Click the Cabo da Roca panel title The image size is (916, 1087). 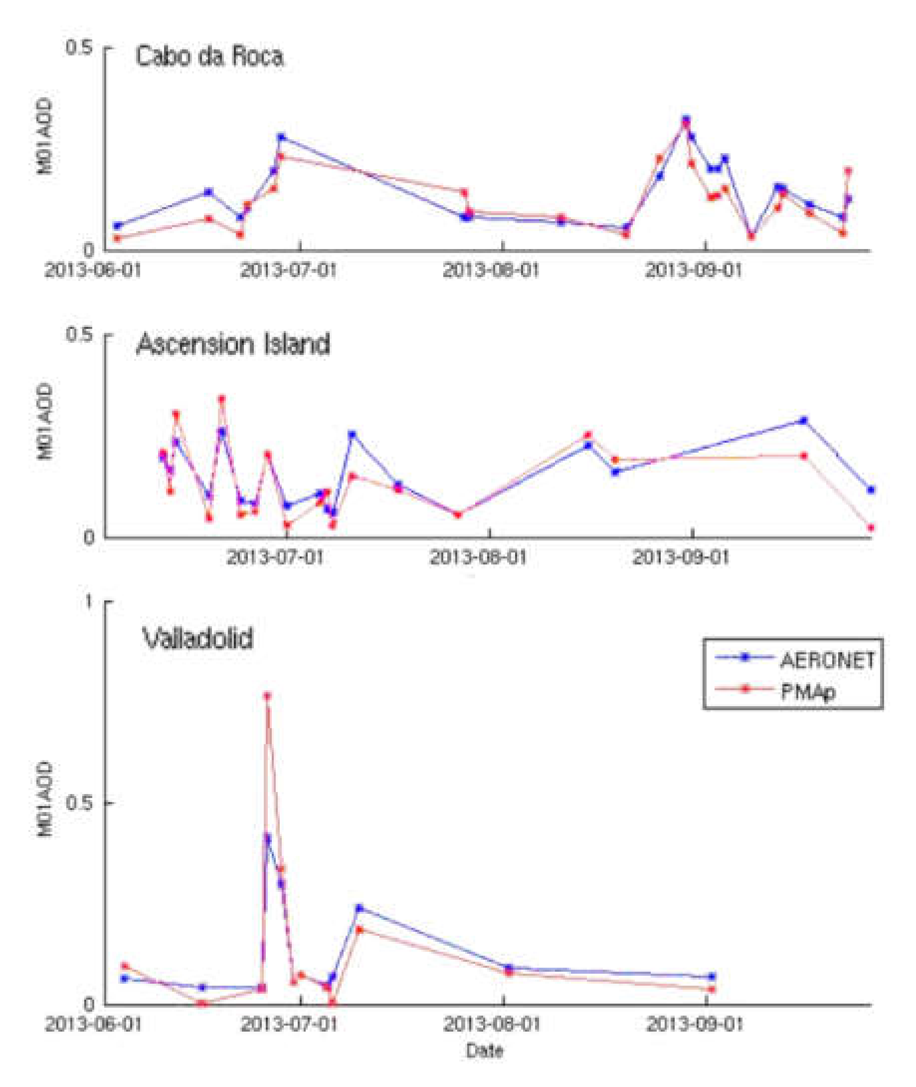(209, 56)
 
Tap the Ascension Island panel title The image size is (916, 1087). (233, 344)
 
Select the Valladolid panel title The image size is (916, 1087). (197, 638)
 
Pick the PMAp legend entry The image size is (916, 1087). (807, 691)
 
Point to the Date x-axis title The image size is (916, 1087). (485, 1051)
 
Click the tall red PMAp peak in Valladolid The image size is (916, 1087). (267, 696)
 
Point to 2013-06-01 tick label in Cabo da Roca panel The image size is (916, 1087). (93, 271)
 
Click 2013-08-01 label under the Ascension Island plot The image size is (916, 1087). (478, 558)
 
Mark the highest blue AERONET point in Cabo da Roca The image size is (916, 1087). (686, 119)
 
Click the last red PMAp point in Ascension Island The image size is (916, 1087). (871, 528)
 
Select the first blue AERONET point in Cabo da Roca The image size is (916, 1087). (117, 226)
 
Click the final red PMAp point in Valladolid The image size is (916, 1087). (712, 989)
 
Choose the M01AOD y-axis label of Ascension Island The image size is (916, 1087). (45, 422)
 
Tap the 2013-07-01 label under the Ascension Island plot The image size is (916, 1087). (275, 558)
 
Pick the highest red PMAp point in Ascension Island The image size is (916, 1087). (222, 399)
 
